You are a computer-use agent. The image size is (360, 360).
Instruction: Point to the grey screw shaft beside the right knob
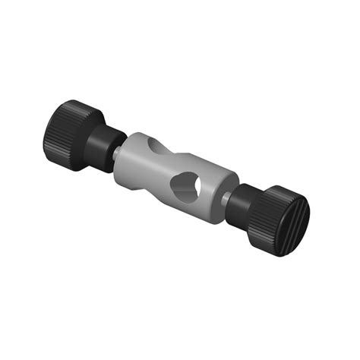pyautogui.click(x=228, y=199)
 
